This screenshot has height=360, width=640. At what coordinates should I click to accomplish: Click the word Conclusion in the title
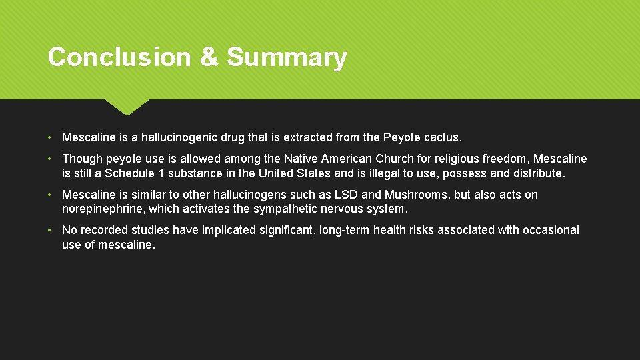coord(119,57)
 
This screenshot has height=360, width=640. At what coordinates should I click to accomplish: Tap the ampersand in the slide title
coord(209,57)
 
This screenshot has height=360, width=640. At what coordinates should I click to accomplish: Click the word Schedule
coord(133,173)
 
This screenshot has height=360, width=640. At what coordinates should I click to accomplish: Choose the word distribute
coord(539,173)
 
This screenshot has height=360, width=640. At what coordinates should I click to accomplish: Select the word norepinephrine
coord(103,209)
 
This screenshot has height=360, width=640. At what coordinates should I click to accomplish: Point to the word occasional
coord(551,230)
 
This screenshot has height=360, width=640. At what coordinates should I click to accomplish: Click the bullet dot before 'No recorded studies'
coord(51,230)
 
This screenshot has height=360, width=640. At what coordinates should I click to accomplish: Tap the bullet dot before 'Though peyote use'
coord(51,159)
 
